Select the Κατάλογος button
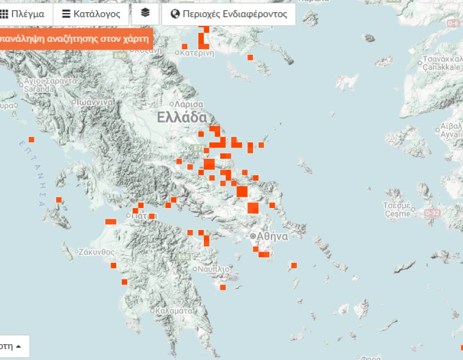[91, 14]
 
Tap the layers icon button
[145, 14]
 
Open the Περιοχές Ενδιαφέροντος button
[229, 14]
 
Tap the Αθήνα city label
[273, 236]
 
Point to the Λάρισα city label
[189, 105]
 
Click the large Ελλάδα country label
[182, 118]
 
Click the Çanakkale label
[443, 67]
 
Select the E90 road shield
[120, 55]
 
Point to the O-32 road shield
[432, 212]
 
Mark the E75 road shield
[198, 148]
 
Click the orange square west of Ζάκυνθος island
[59, 199]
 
